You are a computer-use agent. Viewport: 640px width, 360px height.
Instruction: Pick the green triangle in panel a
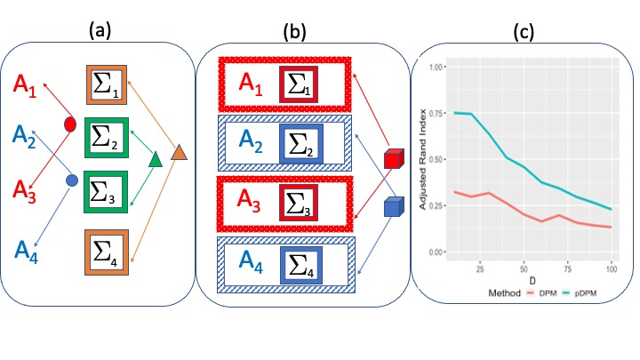tap(154, 159)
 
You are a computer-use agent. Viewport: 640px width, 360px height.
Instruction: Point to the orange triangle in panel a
tap(178, 152)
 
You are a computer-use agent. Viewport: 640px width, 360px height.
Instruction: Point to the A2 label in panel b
tap(243, 140)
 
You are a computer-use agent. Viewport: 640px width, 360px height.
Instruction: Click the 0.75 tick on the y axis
tap(434, 114)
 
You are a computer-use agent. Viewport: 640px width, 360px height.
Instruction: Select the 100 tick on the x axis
tap(611, 267)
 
